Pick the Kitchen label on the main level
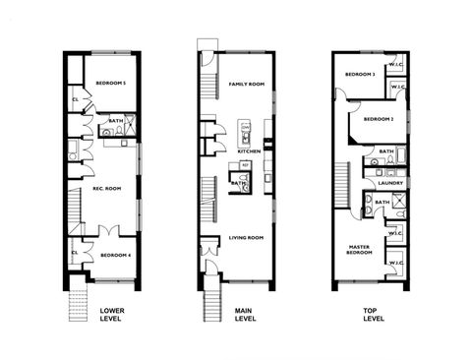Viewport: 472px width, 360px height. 248,151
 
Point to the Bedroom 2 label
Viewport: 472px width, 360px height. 378,119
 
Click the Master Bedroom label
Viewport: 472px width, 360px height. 359,250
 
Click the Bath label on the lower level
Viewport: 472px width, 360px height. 115,121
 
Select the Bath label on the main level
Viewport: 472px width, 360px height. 238,182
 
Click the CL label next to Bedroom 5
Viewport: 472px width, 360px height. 76,99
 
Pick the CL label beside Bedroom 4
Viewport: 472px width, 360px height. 76,253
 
